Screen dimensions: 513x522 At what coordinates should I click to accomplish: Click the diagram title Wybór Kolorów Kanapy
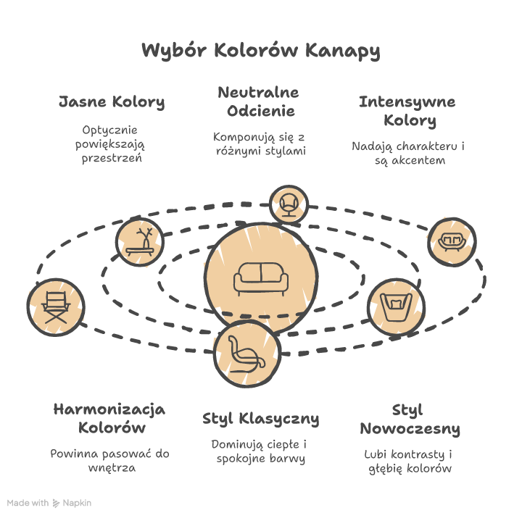pyautogui.click(x=260, y=51)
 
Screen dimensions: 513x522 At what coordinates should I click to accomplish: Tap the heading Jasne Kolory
pyautogui.click(x=112, y=101)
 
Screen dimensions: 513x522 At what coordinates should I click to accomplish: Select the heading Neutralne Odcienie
pyautogui.click(x=258, y=102)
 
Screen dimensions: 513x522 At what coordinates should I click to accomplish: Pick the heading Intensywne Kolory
pyautogui.click(x=408, y=110)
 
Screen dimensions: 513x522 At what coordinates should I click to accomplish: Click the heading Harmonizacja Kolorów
pyautogui.click(x=110, y=418)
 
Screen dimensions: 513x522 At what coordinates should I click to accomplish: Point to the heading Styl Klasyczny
pyautogui.click(x=260, y=419)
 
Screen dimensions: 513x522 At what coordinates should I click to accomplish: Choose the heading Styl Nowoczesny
pyautogui.click(x=410, y=419)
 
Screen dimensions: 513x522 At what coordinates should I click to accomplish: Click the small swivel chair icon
pyautogui.click(x=288, y=204)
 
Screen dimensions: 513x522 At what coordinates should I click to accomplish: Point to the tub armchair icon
pyautogui.click(x=395, y=301)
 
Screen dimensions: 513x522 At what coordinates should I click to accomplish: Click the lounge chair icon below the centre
pyautogui.click(x=246, y=352)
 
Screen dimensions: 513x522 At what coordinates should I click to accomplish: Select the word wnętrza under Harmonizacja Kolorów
pyautogui.click(x=110, y=468)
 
